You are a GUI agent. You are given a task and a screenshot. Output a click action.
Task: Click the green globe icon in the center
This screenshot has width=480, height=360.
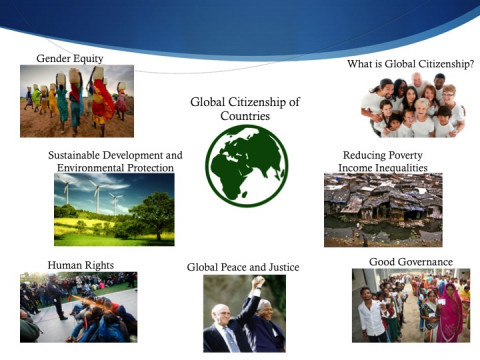click(246, 165)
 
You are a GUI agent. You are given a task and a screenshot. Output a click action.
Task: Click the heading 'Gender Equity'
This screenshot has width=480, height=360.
click(69, 58)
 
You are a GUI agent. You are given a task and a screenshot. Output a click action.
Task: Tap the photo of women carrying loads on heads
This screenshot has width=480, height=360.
click(76, 101)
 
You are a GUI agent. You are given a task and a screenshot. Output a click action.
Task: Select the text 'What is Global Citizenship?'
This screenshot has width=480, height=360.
click(410, 64)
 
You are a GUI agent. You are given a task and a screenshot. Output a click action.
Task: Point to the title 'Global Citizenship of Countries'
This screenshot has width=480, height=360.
click(245, 109)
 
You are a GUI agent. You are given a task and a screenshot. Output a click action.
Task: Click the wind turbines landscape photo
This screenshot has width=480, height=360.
click(113, 209)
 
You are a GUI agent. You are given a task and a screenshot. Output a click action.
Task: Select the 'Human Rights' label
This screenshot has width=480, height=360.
click(81, 265)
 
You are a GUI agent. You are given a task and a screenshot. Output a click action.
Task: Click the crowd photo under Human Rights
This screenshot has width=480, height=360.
click(78, 307)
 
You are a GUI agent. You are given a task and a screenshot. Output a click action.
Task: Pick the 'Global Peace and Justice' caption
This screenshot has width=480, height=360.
click(243, 267)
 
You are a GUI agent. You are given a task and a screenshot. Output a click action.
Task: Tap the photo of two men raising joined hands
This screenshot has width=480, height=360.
click(244, 313)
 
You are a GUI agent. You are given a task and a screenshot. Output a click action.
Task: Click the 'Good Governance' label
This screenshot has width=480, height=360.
click(411, 262)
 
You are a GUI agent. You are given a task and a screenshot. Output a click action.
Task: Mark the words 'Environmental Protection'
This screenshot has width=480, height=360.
click(115, 168)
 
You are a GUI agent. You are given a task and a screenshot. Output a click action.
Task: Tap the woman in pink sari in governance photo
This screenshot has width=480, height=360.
click(450, 318)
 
